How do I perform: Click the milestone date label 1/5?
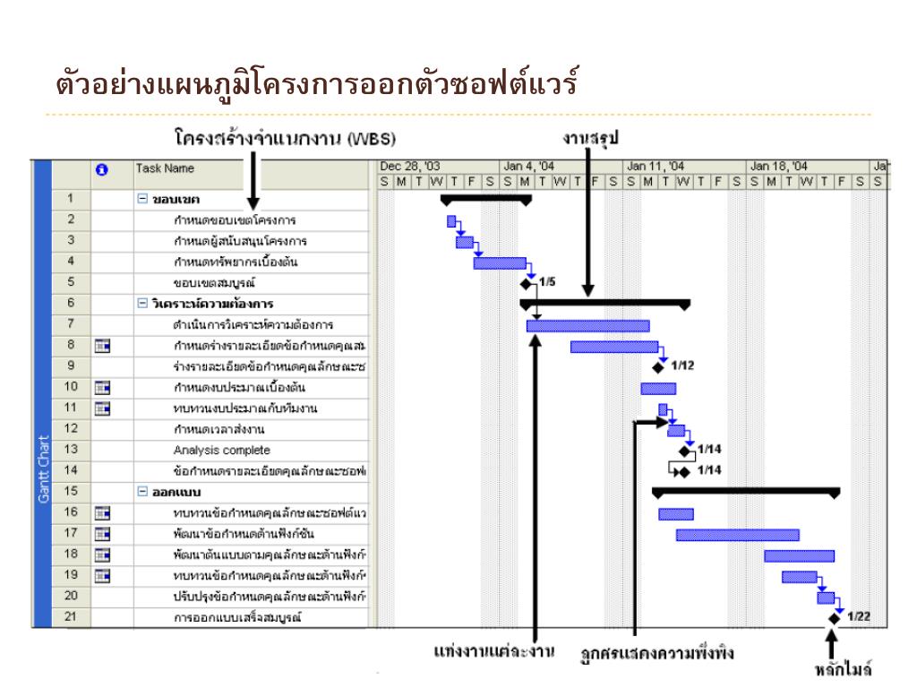[547, 282]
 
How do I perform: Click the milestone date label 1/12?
[682, 365]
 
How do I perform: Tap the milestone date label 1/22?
[858, 616]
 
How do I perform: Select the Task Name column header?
[165, 168]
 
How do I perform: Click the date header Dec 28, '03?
[409, 166]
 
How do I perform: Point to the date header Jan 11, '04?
[656, 166]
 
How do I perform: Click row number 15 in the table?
[72, 492]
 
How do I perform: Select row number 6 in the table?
[72, 304]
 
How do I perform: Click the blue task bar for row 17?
[737, 535]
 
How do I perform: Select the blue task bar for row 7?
[587, 325]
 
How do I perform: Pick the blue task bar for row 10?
[658, 388]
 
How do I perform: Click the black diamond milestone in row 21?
[835, 617]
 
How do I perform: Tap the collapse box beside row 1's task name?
[141, 198]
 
